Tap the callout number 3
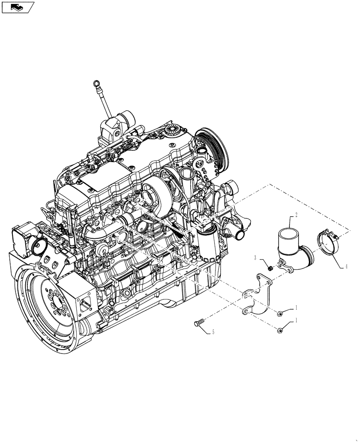tap(255, 257)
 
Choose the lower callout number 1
tap(297, 322)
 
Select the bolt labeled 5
tap(198, 323)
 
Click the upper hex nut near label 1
tap(280, 314)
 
